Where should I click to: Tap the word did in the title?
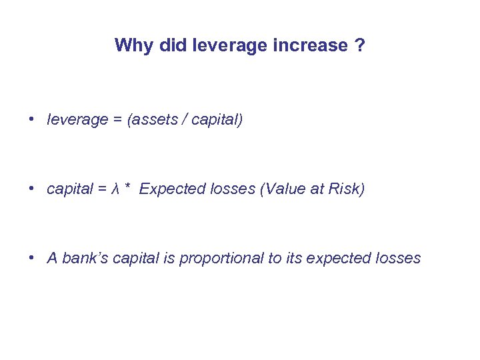(171, 45)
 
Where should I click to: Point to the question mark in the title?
(360, 45)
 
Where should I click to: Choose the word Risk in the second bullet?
(346, 189)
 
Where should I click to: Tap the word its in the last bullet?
(294, 259)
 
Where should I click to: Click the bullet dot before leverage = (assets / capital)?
(31, 120)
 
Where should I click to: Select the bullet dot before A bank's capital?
(31, 259)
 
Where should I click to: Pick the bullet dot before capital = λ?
(31, 189)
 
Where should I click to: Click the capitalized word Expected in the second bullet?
(167, 189)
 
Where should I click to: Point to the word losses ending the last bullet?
(398, 259)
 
